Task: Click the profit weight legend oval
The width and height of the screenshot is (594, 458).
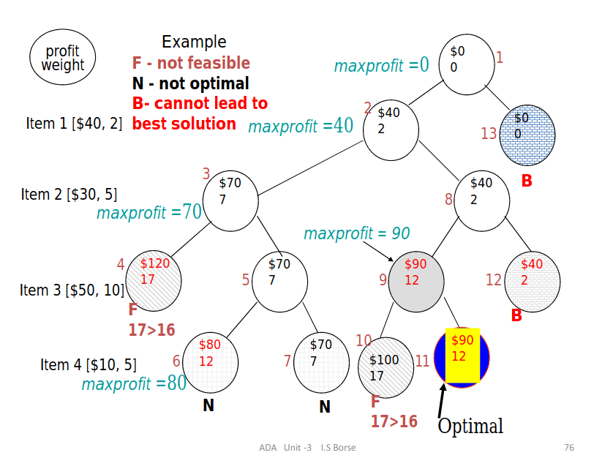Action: tap(63, 59)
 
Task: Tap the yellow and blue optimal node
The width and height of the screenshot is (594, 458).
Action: tap(462, 356)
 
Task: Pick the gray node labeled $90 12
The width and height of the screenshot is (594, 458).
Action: tap(416, 281)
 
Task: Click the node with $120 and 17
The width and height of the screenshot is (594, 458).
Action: tap(154, 279)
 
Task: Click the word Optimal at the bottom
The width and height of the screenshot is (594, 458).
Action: tap(470, 426)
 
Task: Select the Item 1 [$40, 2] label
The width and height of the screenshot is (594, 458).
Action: tap(74, 123)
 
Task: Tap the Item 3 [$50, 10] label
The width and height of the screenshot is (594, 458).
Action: tap(72, 290)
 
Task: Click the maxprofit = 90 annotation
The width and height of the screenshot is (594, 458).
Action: tap(356, 233)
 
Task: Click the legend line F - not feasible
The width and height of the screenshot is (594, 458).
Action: tap(191, 63)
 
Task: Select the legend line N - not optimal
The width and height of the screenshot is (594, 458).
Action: tap(190, 83)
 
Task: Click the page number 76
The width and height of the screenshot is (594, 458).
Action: tap(569, 447)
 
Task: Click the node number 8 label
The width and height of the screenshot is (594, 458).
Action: tap(448, 199)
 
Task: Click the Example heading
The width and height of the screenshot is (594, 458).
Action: tap(194, 42)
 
